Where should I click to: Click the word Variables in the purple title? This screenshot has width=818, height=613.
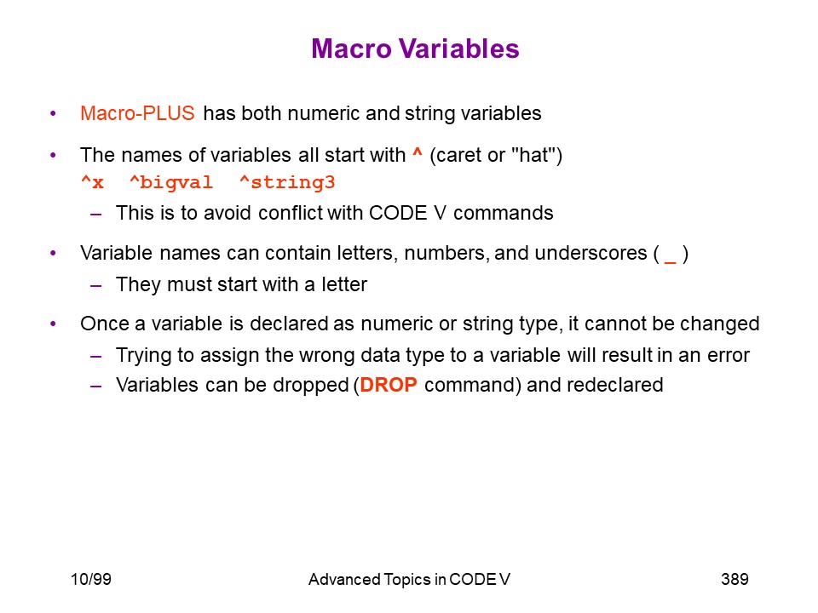[x=459, y=49]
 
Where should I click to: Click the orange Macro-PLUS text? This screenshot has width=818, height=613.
[x=137, y=113]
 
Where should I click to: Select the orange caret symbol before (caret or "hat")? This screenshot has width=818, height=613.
[x=417, y=152]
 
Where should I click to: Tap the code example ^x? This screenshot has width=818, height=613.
[x=92, y=182]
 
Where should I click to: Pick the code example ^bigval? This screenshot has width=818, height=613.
[x=171, y=183]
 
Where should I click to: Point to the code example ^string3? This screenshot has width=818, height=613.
[x=287, y=183]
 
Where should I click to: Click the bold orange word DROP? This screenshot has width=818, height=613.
[x=389, y=385]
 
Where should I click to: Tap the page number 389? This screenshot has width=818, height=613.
[x=734, y=579]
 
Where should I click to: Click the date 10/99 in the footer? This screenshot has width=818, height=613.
[x=91, y=579]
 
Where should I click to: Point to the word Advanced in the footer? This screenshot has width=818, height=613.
[x=344, y=579]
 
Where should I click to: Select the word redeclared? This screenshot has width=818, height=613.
[x=614, y=385]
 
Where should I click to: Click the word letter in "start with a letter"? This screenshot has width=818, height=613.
[x=344, y=284]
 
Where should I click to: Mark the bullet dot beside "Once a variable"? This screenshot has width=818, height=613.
[x=53, y=324]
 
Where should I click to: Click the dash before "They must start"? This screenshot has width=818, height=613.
[x=95, y=286]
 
